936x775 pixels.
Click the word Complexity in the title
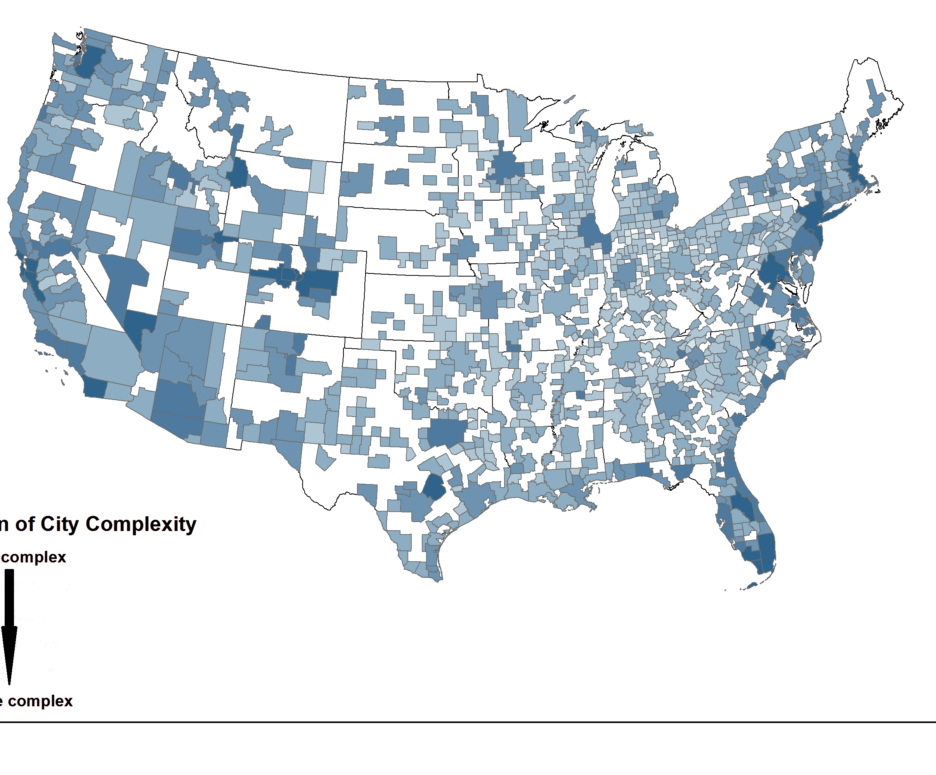[x=141, y=524]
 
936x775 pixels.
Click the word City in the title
[x=60, y=524]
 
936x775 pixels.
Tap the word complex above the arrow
[x=34, y=557]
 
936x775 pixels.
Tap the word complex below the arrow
[x=40, y=701]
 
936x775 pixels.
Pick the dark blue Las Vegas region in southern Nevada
[x=139, y=327]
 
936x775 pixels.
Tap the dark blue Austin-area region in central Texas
[x=434, y=487]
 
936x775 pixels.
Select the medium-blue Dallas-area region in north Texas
[x=446, y=432]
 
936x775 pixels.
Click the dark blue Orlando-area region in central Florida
[x=742, y=505]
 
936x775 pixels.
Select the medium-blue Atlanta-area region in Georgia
[x=673, y=399]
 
